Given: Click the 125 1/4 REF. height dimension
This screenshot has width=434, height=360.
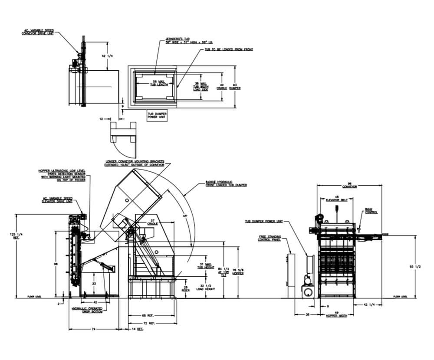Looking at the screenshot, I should tap(12, 236).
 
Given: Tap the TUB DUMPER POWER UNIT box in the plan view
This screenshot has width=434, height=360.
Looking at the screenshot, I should tap(157, 116).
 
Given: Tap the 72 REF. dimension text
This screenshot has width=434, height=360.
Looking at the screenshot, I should tap(152, 323).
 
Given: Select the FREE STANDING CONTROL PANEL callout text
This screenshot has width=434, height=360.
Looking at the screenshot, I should tap(270, 238).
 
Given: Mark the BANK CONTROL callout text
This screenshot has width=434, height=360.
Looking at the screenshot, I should tap(371, 211).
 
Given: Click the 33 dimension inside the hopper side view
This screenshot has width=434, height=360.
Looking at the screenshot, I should tap(94, 283).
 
